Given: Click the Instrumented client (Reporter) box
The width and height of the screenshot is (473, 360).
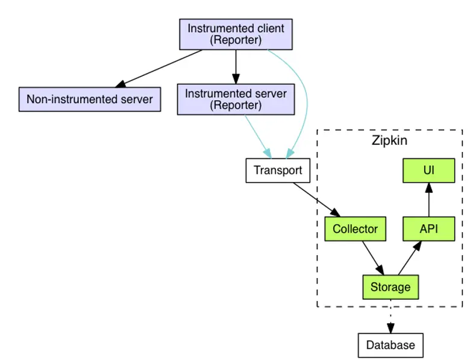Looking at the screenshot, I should (236, 34).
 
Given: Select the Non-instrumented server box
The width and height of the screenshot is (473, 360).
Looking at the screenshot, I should (90, 99).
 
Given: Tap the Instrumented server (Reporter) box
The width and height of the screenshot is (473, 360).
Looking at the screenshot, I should (236, 99).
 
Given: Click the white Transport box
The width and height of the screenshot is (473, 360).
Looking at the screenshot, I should (278, 170).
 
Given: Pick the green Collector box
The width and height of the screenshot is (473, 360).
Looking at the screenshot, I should (355, 229).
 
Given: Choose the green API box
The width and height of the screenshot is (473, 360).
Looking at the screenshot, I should (428, 229).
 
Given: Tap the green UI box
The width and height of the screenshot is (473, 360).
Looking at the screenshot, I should (428, 171).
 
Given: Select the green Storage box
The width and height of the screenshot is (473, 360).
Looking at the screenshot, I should (390, 287).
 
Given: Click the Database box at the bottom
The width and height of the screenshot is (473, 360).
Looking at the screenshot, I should (390, 345).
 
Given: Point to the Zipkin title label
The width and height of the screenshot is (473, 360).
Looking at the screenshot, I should (389, 142).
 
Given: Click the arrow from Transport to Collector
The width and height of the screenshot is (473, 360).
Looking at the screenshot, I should (316, 199).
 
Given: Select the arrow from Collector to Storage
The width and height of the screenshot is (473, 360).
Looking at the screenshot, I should (372, 257).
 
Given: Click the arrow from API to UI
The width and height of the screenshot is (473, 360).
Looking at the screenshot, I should (428, 200).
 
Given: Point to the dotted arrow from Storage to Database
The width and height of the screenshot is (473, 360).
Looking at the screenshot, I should (390, 316).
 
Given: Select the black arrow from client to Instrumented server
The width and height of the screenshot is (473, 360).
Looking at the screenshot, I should (236, 66).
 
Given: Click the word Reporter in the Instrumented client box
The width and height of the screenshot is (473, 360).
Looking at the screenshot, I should (236, 40).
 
